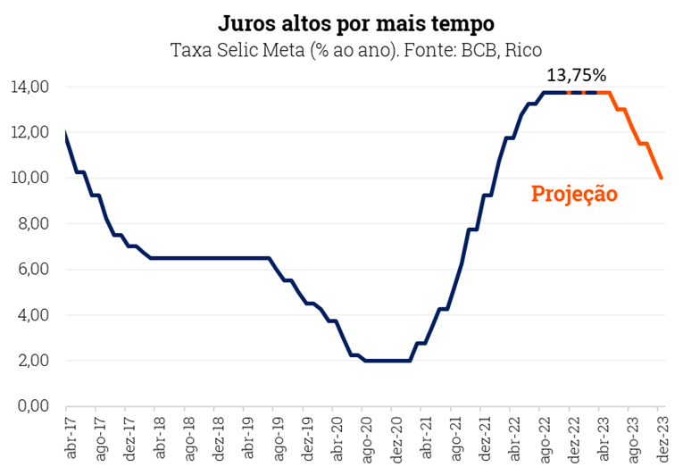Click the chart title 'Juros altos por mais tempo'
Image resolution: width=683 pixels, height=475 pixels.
click(x=356, y=21)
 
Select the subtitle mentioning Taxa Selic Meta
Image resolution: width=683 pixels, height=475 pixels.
click(x=356, y=49)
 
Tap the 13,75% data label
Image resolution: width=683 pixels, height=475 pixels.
click(x=575, y=74)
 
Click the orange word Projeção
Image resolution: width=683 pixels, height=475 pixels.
click(x=574, y=194)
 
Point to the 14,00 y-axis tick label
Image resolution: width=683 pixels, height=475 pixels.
click(x=29, y=87)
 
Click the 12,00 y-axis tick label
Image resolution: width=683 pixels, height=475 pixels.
click(x=29, y=133)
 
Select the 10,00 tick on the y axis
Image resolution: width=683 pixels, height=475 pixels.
click(x=29, y=179)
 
